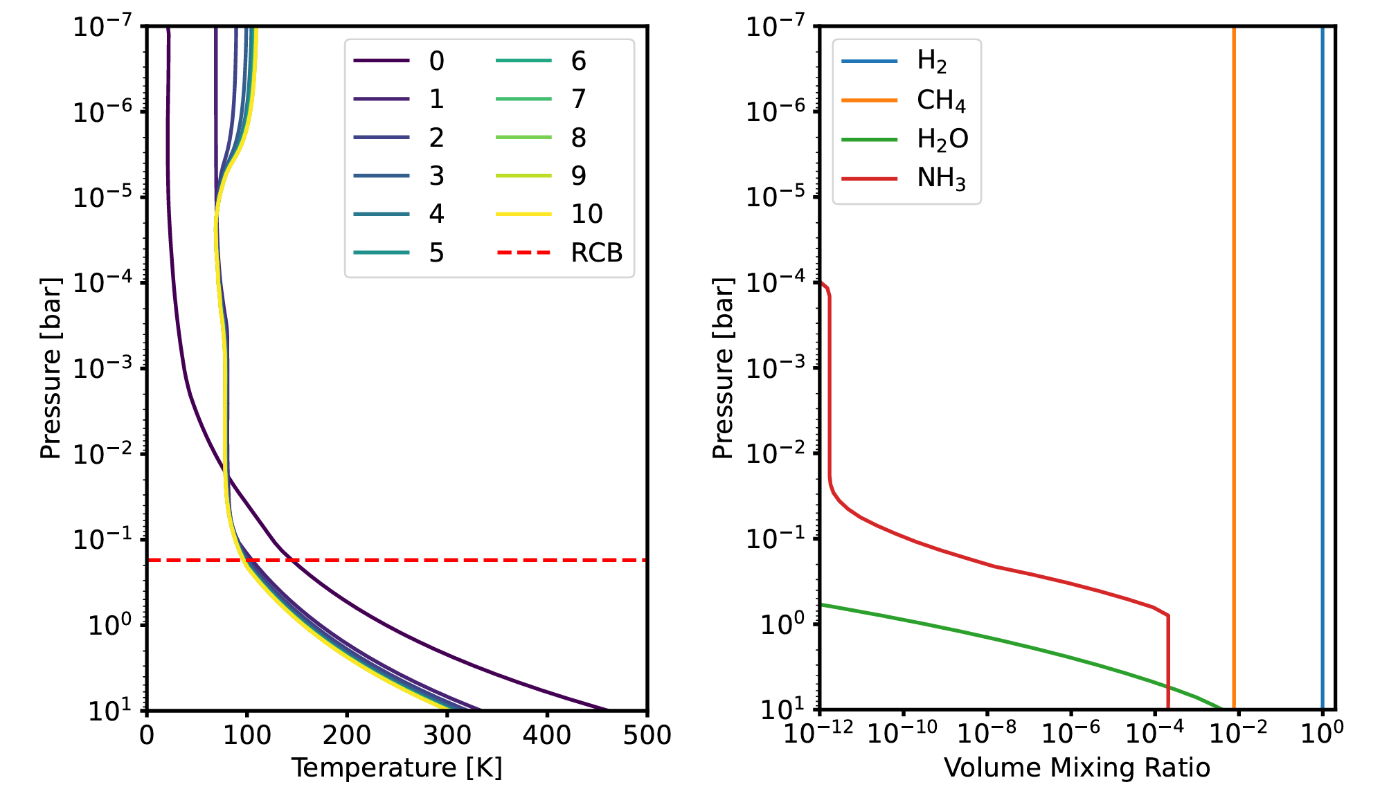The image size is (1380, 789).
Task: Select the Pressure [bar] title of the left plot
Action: tap(51, 368)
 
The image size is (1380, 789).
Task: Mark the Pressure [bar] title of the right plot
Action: tap(723, 368)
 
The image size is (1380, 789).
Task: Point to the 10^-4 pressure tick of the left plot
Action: tap(104, 283)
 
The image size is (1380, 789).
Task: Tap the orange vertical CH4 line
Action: tap(1234, 346)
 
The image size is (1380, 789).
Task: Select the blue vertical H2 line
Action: tap(1322, 346)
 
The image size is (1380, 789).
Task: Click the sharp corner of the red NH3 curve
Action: tap(1167, 615)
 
